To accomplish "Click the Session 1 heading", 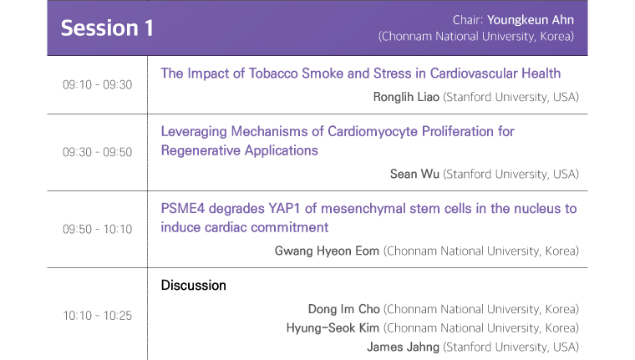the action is (107, 28).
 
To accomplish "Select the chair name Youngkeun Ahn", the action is (530, 20).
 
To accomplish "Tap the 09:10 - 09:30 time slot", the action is (97, 84).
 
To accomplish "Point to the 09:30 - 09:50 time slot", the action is (97, 152).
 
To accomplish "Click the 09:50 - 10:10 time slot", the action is (97, 229).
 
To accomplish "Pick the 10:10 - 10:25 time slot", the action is (97, 316).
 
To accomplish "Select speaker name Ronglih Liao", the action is (406, 97).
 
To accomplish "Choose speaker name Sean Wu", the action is (414, 174).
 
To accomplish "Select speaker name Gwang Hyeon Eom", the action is (327, 251).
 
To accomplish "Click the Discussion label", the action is (194, 285).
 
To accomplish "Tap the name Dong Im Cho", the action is (344, 309).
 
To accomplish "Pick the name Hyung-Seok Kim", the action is (333, 328).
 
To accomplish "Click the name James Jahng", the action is (403, 347).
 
